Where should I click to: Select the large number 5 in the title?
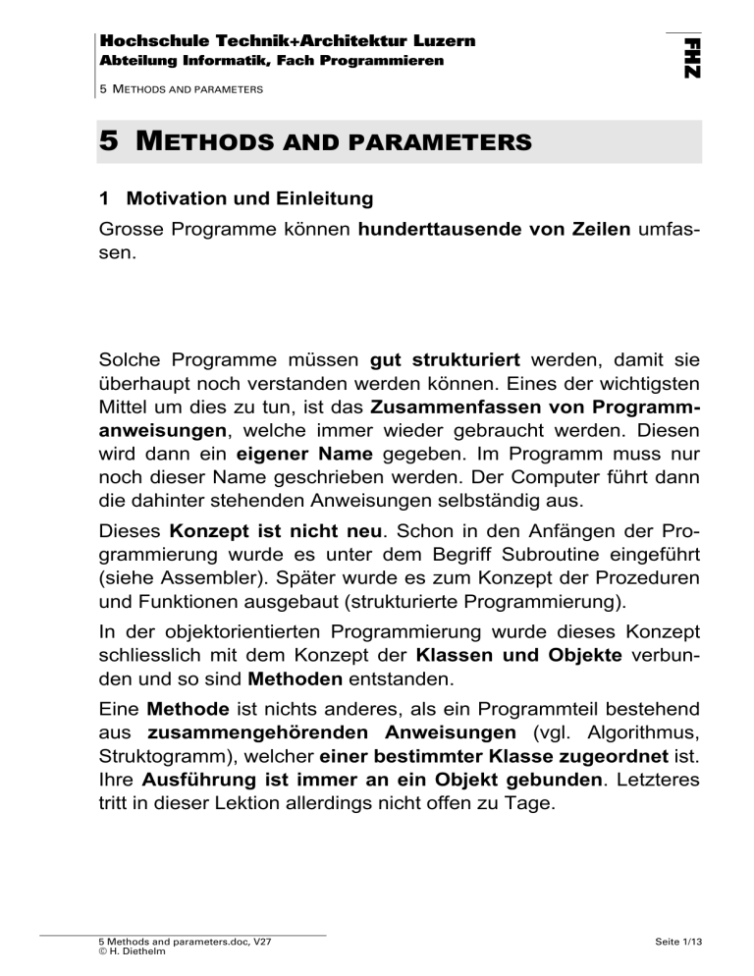(x=110, y=141)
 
